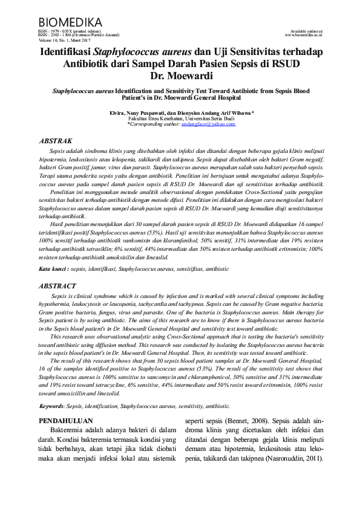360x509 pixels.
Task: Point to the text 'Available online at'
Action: tap(307, 31)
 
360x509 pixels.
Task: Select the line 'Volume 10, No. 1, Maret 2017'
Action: tap(61, 40)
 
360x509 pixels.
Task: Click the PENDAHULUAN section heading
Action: tap(65, 419)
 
